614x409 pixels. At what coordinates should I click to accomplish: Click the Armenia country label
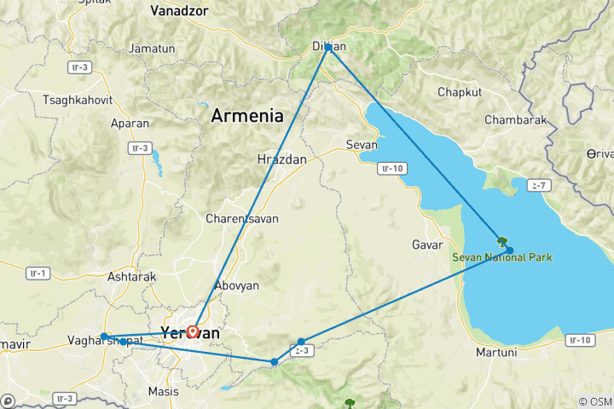click(x=247, y=116)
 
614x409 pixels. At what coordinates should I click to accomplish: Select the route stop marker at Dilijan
click(x=328, y=48)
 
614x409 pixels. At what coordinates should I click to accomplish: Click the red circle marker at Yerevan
click(x=194, y=331)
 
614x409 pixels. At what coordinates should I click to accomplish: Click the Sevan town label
click(x=361, y=144)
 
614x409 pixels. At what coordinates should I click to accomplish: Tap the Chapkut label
click(x=460, y=92)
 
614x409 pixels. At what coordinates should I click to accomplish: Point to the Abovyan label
click(x=238, y=286)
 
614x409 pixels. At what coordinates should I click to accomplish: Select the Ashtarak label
click(x=131, y=277)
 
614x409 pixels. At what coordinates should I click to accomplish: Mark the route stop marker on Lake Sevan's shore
click(x=509, y=251)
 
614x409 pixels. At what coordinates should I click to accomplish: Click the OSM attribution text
click(x=594, y=401)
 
